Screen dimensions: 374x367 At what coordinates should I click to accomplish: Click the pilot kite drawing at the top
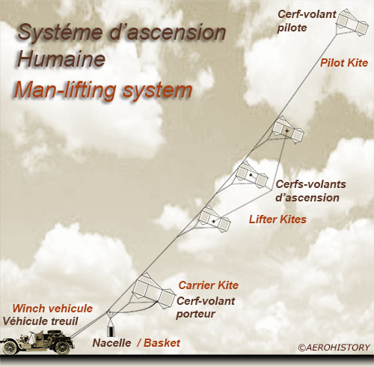coord(352,22)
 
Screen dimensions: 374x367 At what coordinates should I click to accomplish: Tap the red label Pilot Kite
coord(344,63)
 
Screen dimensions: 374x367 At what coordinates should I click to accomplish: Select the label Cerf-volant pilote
coord(307,21)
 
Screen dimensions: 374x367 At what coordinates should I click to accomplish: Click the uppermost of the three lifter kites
coord(288,130)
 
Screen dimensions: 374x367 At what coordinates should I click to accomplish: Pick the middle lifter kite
coord(252,175)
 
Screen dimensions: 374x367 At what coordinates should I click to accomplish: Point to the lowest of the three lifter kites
coord(214,219)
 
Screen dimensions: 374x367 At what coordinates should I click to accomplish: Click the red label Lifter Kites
coord(278,219)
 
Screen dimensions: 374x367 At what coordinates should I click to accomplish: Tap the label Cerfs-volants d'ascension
coord(310,191)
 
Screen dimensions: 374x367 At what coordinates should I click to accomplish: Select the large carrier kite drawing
coord(154,291)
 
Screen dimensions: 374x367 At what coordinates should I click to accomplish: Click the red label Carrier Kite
coord(209,285)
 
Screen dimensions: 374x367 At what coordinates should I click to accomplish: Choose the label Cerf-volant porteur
coord(206,307)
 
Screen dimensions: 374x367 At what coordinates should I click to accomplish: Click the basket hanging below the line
coord(111,331)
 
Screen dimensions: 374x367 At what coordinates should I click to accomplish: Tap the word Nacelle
coord(111,343)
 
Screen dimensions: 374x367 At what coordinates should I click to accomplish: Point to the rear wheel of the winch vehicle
coord(63,347)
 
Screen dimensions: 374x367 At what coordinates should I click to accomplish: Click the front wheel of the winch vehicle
coord(10,348)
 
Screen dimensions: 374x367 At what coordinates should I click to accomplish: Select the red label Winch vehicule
coord(52,309)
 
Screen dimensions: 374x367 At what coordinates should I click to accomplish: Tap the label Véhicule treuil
coord(40,321)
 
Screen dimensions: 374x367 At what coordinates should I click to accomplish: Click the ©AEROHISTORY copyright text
coord(334,348)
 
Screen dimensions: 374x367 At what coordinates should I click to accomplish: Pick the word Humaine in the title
coord(61,59)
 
